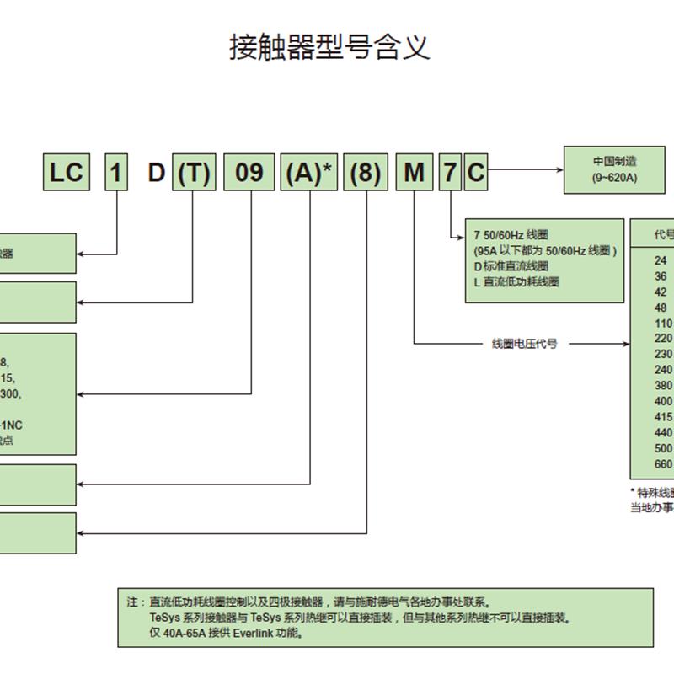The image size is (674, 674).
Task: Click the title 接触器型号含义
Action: pyautogui.click(x=329, y=47)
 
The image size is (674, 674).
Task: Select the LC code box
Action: pyautogui.click(x=66, y=173)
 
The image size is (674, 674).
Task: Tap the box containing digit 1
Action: pyautogui.click(x=116, y=173)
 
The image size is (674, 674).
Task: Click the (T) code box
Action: pyautogui.click(x=193, y=173)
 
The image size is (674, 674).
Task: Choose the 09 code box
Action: pyautogui.click(x=249, y=173)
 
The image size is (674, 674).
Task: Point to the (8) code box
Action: pyautogui.click(x=365, y=173)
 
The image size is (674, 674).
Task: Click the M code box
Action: pyautogui.click(x=414, y=173)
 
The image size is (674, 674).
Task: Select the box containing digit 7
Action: pyautogui.click(x=451, y=173)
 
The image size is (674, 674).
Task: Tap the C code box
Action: pyautogui.click(x=476, y=173)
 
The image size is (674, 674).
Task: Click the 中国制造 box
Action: pyautogui.click(x=613, y=168)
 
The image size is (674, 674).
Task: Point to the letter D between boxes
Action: pyautogui.click(x=156, y=173)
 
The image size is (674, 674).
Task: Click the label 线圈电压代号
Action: pyautogui.click(x=524, y=344)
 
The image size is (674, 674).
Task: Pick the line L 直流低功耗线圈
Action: pyautogui.click(x=516, y=282)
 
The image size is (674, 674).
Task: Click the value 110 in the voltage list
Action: pyautogui.click(x=663, y=324)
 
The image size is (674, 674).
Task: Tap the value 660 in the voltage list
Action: pyautogui.click(x=663, y=464)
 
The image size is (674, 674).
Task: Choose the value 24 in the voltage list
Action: pyautogui.click(x=661, y=261)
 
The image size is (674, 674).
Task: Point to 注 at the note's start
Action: pyautogui.click(x=131, y=602)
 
